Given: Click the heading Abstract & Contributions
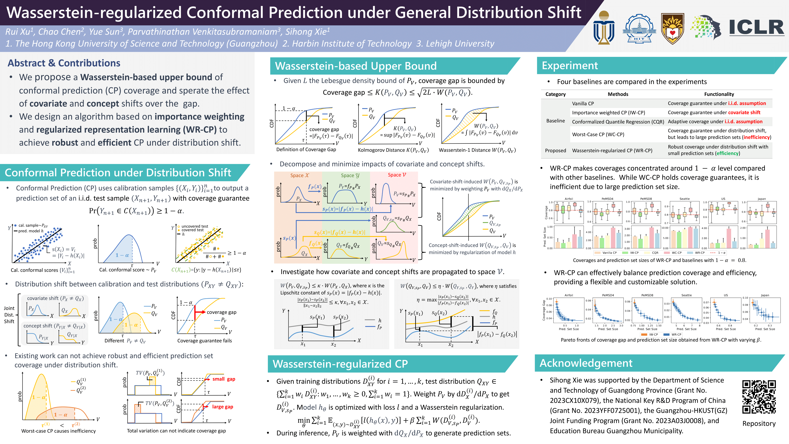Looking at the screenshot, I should (64, 63).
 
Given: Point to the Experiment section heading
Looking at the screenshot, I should (570, 66).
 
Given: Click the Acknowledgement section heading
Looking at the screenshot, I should (586, 363).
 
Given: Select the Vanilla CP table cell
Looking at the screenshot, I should (583, 104).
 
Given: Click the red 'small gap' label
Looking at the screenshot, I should (224, 379).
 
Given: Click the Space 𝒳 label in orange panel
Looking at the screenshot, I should (300, 175).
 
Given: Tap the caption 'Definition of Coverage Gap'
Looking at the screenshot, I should (306, 150).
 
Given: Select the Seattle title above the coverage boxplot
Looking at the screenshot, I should (684, 199).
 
